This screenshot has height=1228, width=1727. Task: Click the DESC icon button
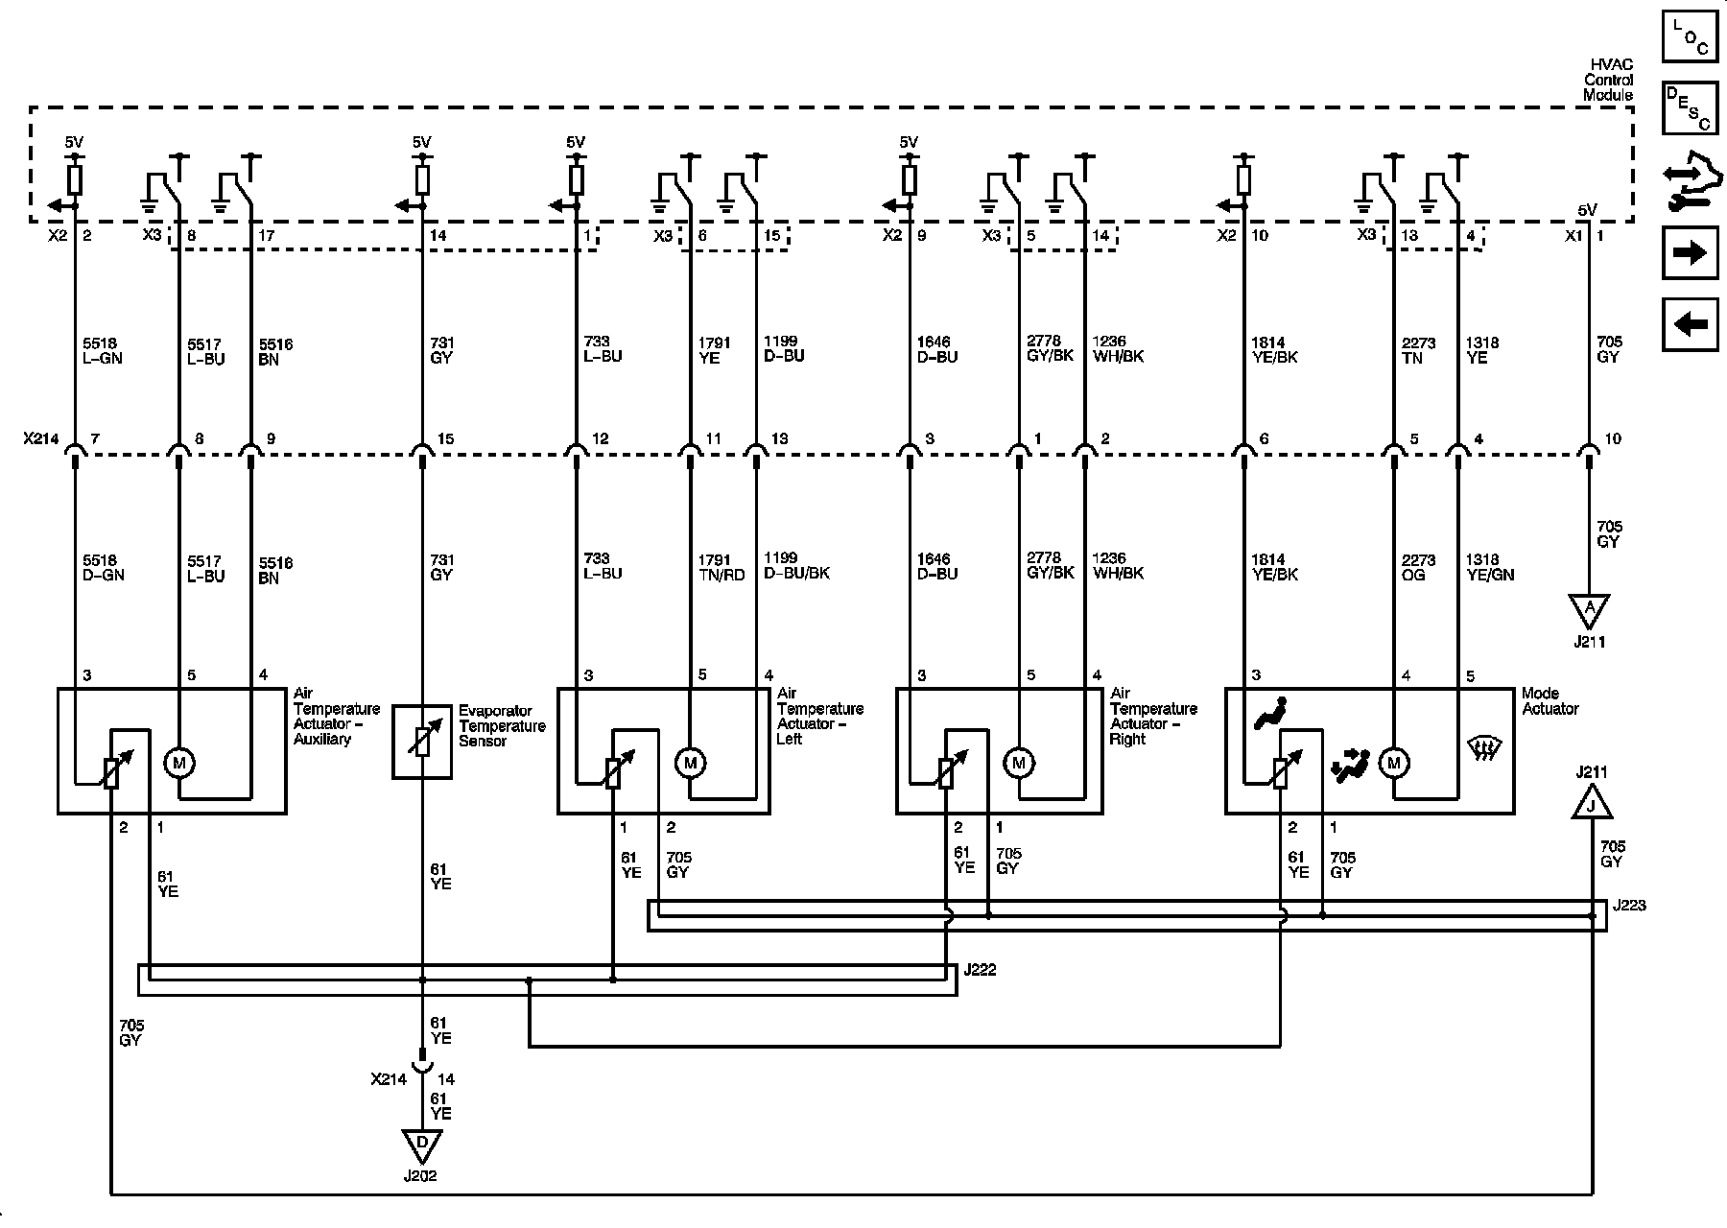tap(1690, 106)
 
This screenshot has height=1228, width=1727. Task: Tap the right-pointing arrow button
tap(1690, 252)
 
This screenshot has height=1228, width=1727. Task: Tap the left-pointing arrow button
tap(1690, 324)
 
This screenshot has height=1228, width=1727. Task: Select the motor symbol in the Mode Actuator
tap(1393, 763)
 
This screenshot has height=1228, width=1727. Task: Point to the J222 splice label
tap(981, 970)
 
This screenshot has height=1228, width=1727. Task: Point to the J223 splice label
tap(1629, 905)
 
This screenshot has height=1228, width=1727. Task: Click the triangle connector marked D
tap(421, 1143)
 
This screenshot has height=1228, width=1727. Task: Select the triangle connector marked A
tap(1590, 607)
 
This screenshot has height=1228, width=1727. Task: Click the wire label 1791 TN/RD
tap(722, 567)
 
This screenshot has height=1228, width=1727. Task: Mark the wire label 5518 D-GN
tap(104, 567)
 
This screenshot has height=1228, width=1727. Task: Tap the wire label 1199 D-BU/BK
tap(796, 566)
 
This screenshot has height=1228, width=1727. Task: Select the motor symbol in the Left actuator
tap(690, 763)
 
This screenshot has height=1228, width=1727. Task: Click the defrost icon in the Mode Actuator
tap(1485, 748)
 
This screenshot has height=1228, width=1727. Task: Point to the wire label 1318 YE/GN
tap(1489, 567)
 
